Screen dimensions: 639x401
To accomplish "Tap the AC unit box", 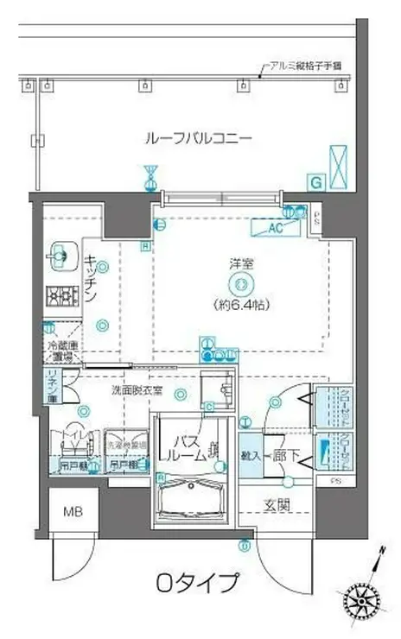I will pos(276,229).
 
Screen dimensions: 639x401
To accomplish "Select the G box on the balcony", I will pos(316,181).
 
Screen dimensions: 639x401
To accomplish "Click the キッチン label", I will pos(90,279).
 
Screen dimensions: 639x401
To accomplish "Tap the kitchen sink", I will pos(60,255).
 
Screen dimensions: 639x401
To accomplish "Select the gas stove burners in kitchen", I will pos(62,296).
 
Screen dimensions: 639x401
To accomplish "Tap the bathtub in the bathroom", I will pos(191,503).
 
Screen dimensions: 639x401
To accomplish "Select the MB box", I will pos(67,510).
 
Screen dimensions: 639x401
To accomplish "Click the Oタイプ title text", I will pos(197,584).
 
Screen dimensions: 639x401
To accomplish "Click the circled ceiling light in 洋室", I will pos(240,286).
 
